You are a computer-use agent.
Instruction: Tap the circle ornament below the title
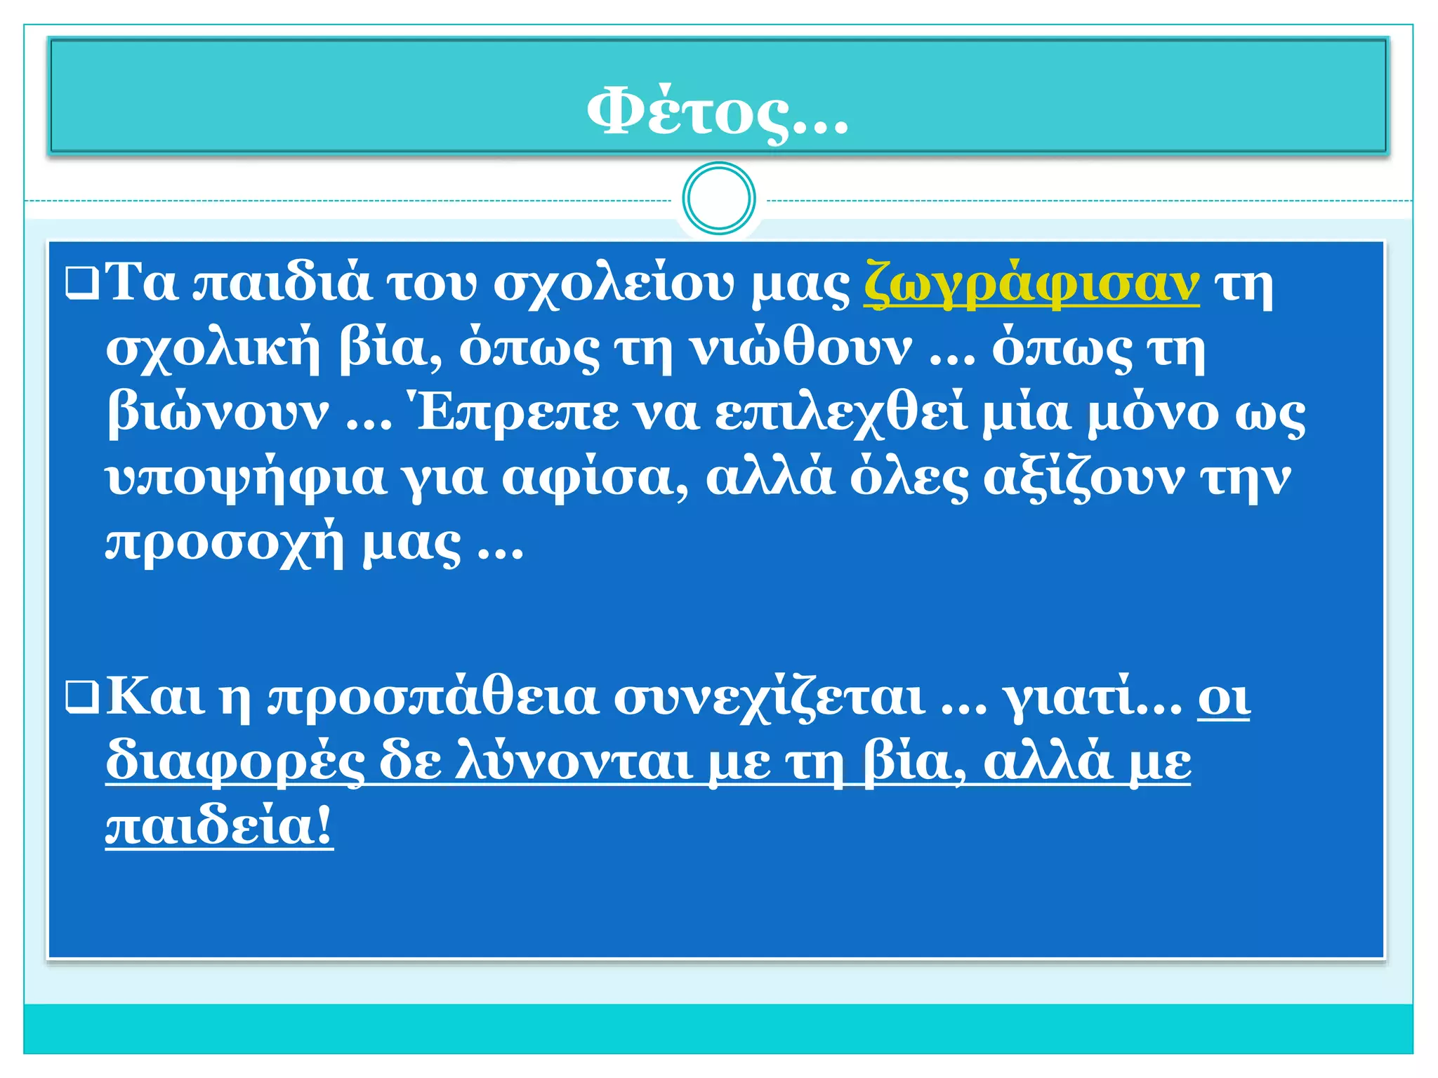pos(718,198)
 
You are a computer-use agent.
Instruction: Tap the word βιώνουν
pos(218,413)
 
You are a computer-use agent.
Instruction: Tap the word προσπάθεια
pos(433,698)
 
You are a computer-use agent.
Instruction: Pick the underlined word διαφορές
pos(235,762)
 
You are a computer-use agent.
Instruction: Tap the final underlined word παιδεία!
pos(219,826)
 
